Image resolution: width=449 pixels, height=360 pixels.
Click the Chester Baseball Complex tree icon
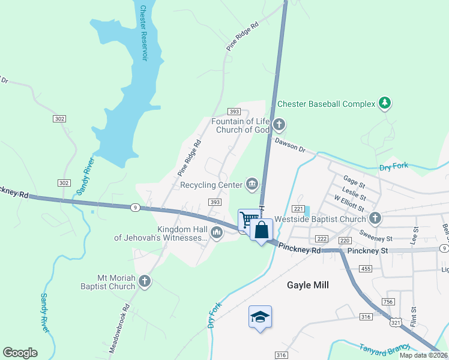(x=385, y=104)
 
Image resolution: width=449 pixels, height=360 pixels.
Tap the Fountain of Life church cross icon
(x=279, y=125)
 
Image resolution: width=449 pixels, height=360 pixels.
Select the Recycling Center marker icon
(x=252, y=185)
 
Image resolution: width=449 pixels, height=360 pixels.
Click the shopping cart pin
(x=249, y=219)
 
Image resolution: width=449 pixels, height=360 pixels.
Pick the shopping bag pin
(x=262, y=229)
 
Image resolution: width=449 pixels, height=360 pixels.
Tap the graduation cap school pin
(x=260, y=316)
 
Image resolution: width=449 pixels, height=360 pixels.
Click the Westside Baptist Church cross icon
(x=375, y=218)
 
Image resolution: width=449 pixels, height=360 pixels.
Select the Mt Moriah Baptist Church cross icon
(x=144, y=281)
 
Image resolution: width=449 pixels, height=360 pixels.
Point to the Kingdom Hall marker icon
(x=216, y=233)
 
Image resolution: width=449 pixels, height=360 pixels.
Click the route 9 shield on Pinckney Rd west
(x=136, y=207)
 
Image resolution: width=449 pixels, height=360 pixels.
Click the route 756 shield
(x=388, y=301)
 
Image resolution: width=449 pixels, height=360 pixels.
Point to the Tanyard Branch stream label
(x=384, y=347)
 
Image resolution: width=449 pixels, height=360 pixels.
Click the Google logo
(x=20, y=353)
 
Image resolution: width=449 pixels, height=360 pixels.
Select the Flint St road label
(x=413, y=318)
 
